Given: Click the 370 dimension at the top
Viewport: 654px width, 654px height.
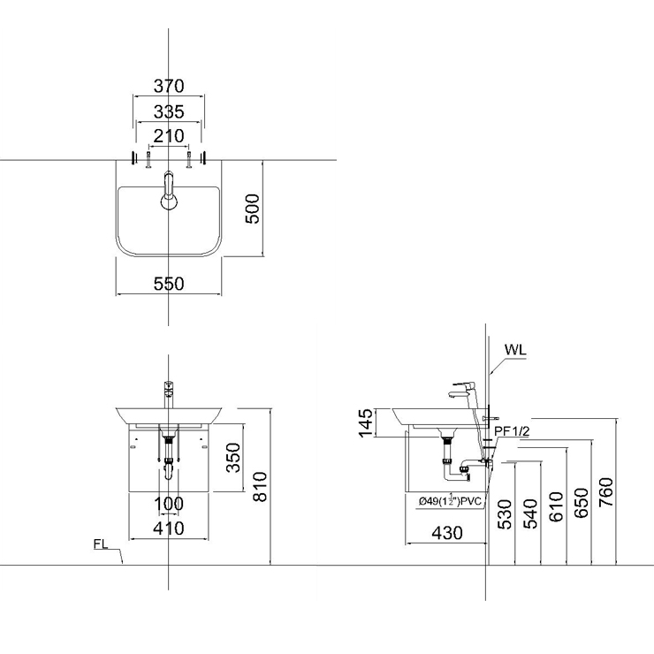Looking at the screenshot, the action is [169, 86].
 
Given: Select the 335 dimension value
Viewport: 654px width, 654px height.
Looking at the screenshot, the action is [169, 111].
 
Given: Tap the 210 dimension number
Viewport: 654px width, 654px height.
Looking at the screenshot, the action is [169, 136].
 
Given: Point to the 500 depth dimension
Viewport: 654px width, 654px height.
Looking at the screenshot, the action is [252, 208].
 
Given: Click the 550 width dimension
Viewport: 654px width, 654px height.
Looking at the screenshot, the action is [169, 284].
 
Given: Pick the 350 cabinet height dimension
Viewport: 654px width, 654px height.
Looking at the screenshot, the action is [233, 458].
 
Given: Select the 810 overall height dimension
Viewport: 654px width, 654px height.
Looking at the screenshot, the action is [260, 487].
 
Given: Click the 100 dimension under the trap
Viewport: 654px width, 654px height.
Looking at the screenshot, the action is [169, 504].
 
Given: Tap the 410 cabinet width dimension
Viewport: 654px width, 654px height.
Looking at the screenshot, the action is [169, 529].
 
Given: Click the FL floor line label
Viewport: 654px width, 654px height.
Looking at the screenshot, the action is [101, 544].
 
